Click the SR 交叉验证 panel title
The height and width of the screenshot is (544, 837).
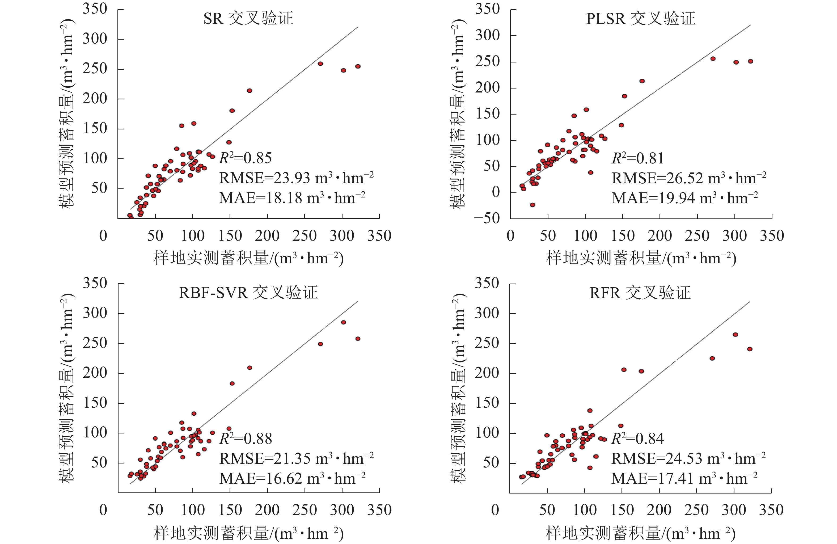point(248,18)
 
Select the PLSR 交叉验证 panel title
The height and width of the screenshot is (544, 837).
point(641,18)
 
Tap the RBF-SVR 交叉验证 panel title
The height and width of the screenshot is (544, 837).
point(248,293)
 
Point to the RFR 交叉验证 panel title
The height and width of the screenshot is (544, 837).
point(640,293)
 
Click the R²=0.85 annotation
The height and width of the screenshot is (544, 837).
point(246,158)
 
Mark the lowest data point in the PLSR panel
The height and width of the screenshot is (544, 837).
point(532,205)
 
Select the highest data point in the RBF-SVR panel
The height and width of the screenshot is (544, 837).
point(344,322)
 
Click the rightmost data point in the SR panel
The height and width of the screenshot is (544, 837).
point(358,66)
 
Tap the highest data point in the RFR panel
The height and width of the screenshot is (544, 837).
point(735,334)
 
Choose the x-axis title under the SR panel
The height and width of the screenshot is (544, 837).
point(248,259)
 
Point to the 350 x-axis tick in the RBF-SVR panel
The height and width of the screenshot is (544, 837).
point(379,510)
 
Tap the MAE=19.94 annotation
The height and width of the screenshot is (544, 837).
point(684,198)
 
